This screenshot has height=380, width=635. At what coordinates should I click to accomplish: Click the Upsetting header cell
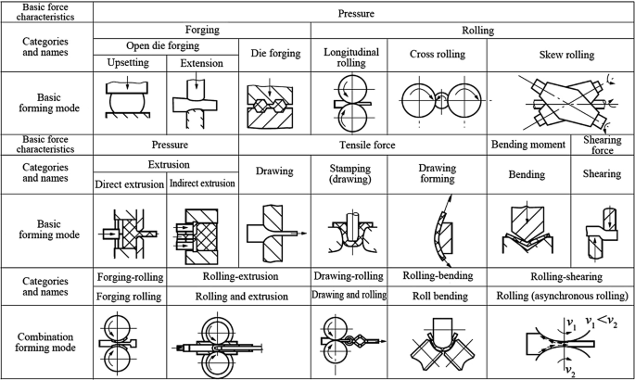click(128, 63)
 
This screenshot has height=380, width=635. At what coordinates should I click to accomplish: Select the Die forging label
click(275, 54)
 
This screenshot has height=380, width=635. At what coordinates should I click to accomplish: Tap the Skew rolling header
click(566, 55)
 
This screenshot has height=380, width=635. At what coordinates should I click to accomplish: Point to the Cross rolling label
click(438, 55)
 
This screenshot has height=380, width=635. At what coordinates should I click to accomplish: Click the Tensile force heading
click(367, 145)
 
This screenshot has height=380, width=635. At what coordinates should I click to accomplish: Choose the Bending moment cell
click(528, 145)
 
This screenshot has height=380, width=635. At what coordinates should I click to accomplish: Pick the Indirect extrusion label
click(202, 184)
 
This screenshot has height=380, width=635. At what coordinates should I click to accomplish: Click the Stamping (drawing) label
click(349, 173)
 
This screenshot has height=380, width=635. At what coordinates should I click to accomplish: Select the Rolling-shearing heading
click(566, 277)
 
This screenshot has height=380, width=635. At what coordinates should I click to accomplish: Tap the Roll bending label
click(439, 297)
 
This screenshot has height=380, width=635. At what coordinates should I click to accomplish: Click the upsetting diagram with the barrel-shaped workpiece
click(127, 97)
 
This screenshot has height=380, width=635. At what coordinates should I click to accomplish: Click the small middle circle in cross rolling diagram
click(441, 100)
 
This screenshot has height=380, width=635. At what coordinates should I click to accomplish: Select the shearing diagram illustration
click(602, 234)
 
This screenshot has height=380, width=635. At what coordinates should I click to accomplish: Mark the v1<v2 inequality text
click(602, 322)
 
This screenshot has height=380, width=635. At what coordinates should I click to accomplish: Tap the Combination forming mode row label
click(45, 342)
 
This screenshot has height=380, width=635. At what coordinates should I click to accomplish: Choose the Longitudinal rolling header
click(351, 57)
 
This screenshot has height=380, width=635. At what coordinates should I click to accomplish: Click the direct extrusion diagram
click(128, 234)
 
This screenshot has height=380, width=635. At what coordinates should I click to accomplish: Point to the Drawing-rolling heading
click(349, 276)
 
